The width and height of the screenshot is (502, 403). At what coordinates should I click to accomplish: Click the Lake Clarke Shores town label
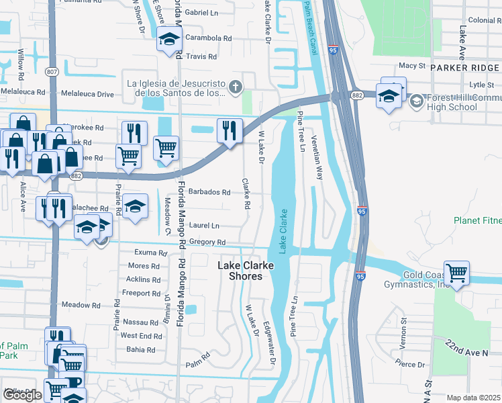(x=246, y=271)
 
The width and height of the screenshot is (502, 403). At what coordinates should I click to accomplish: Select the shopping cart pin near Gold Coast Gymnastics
(x=456, y=273)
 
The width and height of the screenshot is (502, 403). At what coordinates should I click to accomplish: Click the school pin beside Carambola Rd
(x=169, y=40)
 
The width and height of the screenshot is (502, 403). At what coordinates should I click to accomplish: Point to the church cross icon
(x=235, y=86)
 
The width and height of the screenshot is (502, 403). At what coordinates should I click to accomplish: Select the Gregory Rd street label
(x=207, y=242)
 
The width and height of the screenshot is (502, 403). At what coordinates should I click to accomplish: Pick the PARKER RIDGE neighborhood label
(x=465, y=68)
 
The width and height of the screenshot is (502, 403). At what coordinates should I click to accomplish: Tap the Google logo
(x=22, y=395)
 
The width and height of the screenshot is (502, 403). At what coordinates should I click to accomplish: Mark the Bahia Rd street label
(x=141, y=350)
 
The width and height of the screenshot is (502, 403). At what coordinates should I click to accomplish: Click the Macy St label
(x=412, y=66)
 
